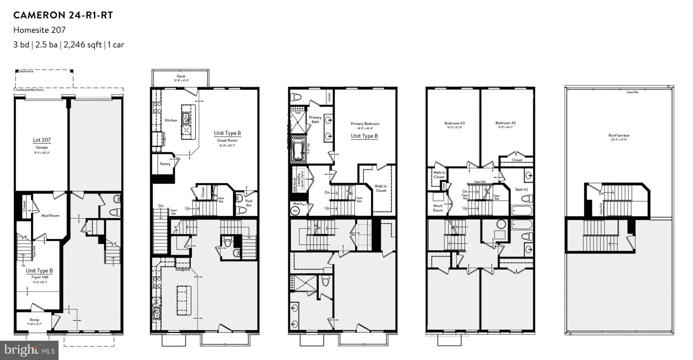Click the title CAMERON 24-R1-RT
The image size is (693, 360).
tap(63, 15)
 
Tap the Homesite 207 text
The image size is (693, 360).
tap(39, 30)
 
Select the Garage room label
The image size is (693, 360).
tap(42, 148)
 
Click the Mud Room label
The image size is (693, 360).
tap(50, 216)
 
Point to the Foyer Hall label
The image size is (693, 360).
tap(40, 277)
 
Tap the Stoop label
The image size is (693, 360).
tap(34, 320)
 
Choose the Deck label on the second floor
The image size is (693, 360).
tap(181, 76)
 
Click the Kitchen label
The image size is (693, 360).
tap(171, 120)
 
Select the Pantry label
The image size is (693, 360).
tap(165, 164)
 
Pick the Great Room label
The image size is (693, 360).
tap(227, 140)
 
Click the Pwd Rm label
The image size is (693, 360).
tap(249, 203)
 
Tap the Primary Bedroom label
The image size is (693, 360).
tap(365, 124)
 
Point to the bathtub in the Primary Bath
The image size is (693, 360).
tap(298, 151)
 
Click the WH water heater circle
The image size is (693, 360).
tap(295, 211)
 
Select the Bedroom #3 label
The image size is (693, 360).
tap(454, 123)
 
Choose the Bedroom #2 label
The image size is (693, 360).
tap(506, 123)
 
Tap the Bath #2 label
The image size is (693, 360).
tap(521, 189)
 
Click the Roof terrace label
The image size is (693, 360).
tap(619, 135)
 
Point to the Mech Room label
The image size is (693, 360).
tap(438, 208)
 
